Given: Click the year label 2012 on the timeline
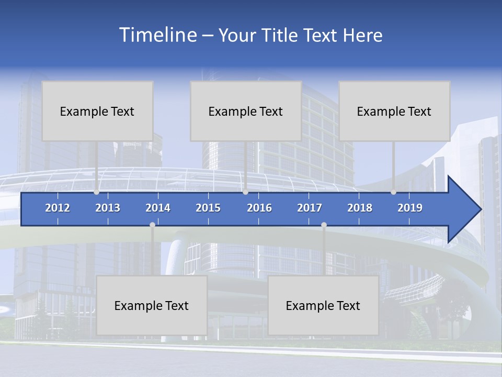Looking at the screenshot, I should (58, 208).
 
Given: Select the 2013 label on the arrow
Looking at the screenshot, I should (108, 208).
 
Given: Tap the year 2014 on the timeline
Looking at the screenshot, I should (158, 208).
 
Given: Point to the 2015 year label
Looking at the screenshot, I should (208, 208).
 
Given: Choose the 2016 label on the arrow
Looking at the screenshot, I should (259, 208).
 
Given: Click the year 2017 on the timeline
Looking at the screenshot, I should (310, 208).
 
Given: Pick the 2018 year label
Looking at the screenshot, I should (360, 208).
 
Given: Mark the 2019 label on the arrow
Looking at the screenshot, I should (410, 208).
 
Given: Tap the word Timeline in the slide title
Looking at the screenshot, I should (157, 35).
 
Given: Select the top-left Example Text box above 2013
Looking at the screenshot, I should (97, 111).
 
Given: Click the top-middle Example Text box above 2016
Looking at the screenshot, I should (246, 111).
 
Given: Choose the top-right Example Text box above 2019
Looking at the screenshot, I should (394, 111).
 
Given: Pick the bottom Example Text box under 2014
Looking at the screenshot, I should (152, 305).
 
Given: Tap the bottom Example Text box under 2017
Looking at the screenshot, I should (323, 305).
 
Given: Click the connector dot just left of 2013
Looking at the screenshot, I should (97, 192).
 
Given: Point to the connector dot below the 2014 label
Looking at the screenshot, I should (152, 225).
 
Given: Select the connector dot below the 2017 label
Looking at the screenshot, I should (324, 225).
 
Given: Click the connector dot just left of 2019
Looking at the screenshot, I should (393, 192).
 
